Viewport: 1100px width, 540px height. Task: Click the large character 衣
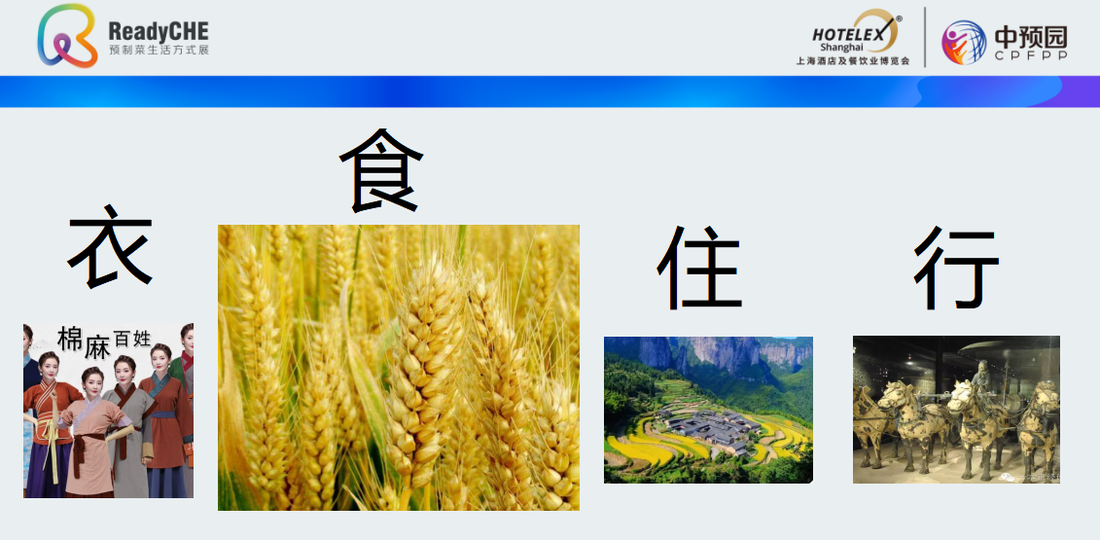click(x=110, y=246)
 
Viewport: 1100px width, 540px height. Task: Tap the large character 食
click(x=381, y=170)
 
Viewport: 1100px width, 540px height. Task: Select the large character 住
click(x=699, y=268)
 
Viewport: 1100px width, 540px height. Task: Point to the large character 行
click(x=955, y=268)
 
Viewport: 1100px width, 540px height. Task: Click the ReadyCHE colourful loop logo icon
click(x=67, y=36)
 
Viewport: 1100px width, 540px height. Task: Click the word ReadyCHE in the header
click(x=159, y=31)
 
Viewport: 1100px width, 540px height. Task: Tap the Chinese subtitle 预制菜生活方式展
click(x=159, y=51)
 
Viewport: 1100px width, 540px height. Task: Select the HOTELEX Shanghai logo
click(x=856, y=31)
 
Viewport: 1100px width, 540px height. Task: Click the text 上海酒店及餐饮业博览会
click(x=853, y=61)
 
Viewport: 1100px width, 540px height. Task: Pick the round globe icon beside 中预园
click(x=963, y=42)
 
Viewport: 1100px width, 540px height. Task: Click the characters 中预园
click(x=1031, y=37)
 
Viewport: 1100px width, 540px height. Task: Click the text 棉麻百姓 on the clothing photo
click(x=104, y=342)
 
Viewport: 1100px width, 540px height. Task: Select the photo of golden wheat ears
click(x=399, y=367)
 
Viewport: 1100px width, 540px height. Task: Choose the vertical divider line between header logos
click(x=925, y=37)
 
